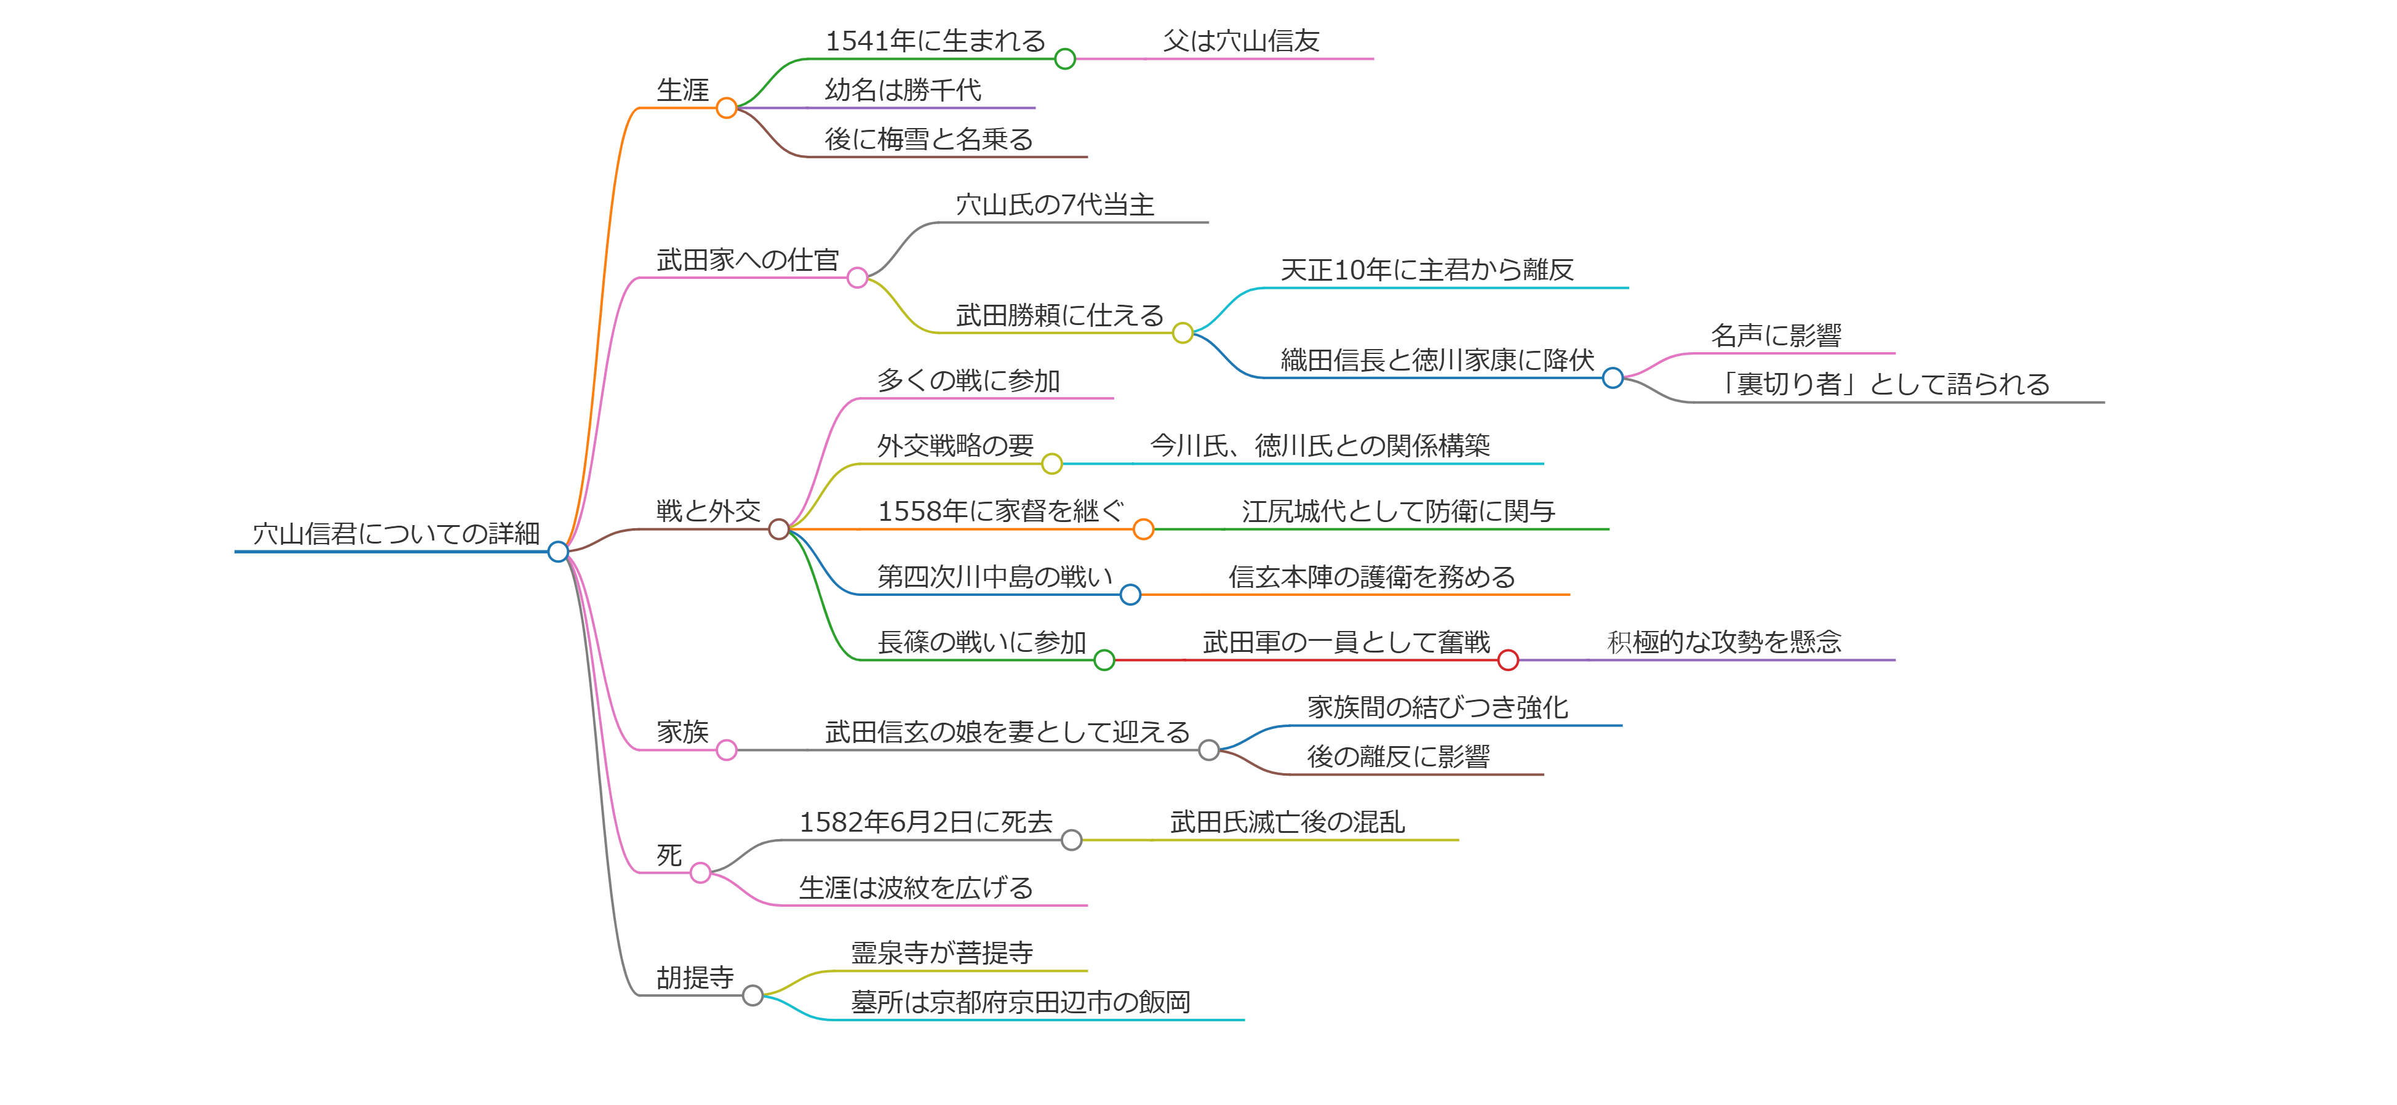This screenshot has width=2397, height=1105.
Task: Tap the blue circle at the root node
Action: [x=558, y=552]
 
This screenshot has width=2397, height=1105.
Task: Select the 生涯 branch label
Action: [x=682, y=90]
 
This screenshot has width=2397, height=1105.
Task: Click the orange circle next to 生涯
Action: [x=727, y=108]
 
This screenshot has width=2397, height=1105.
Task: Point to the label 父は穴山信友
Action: [x=1242, y=41]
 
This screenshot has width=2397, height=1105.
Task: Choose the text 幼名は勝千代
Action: [x=903, y=90]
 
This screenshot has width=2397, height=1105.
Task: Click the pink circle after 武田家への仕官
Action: [x=857, y=278]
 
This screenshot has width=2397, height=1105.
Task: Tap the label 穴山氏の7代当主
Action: [x=1055, y=205]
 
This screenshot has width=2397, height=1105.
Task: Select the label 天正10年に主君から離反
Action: [x=1427, y=270]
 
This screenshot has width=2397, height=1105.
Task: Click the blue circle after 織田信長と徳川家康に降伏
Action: [x=1613, y=378]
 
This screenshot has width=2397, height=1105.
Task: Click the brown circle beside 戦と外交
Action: [x=779, y=529]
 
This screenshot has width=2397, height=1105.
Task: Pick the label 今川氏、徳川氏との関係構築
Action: [x=1320, y=446]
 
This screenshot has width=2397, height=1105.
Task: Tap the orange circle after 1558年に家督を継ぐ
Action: [x=1144, y=529]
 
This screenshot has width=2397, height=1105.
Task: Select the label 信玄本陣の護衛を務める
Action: [x=1371, y=577]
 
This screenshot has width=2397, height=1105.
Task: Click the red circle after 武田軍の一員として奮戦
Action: [x=1509, y=660]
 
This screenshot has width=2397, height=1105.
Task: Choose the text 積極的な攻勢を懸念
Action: [x=1725, y=642]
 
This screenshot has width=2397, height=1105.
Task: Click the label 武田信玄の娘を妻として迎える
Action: [x=1007, y=733]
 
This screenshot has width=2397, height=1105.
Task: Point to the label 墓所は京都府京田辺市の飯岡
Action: [x=1020, y=1003]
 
